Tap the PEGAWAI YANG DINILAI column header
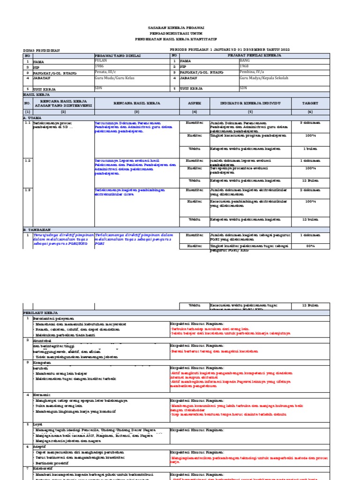[115, 55]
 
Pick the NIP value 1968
[243, 67]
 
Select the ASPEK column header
[194, 103]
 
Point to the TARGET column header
[310, 103]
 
